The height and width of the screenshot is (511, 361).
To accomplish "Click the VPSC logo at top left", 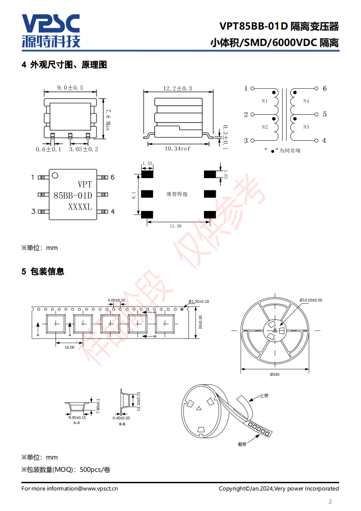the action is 51,31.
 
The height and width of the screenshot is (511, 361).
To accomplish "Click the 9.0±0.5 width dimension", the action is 70,87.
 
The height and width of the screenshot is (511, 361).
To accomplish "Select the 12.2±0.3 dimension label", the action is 178,88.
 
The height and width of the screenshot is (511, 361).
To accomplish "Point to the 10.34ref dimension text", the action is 177,148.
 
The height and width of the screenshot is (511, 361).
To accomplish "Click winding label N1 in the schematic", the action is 264,102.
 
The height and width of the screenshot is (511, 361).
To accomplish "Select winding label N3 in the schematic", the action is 306,127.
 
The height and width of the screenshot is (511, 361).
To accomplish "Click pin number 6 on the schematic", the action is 325,88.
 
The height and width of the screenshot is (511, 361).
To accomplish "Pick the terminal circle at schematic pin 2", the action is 252,114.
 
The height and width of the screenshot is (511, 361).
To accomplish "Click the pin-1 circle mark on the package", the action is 55,176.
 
